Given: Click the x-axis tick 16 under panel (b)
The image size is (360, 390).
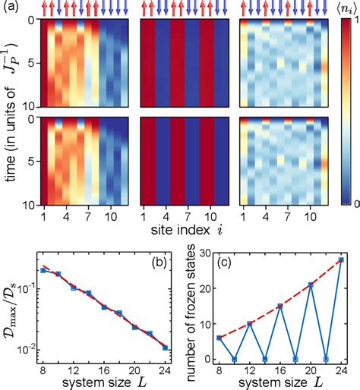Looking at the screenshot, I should tap(104, 374).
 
